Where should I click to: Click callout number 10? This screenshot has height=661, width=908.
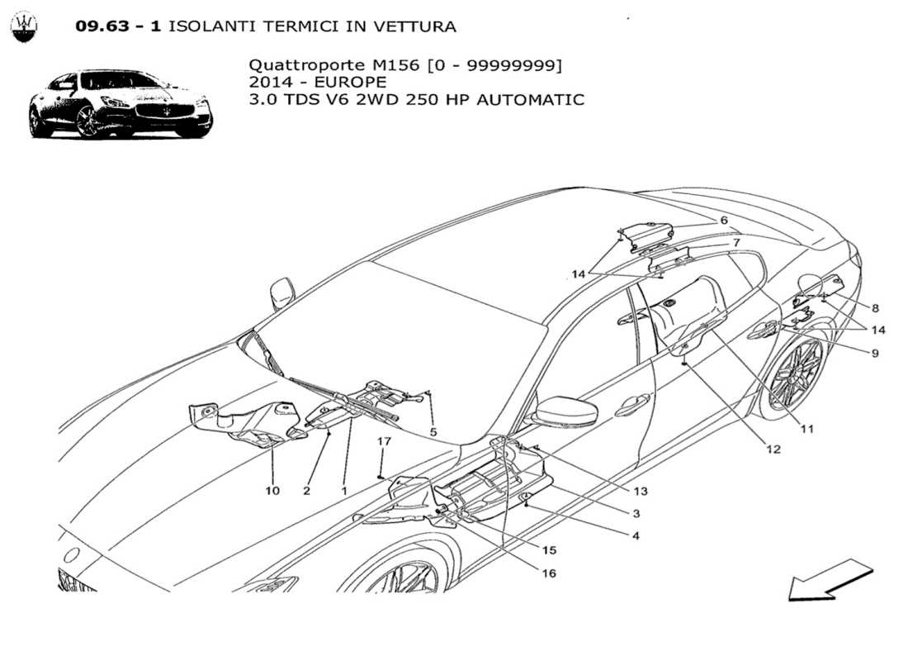click(x=272, y=491)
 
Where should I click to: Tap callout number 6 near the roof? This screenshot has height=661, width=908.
click(x=723, y=221)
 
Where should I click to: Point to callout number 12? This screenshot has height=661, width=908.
click(x=773, y=450)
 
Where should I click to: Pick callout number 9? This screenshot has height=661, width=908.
click(x=873, y=353)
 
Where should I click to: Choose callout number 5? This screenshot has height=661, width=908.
click(x=433, y=431)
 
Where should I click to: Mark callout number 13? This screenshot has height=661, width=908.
click(x=641, y=491)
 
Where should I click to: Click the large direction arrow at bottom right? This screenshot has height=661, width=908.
click(x=830, y=578)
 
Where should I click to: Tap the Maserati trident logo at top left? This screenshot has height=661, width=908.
click(x=25, y=26)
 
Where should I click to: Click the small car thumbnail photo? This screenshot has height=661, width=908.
click(x=121, y=103)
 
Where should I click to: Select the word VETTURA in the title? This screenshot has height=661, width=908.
click(x=416, y=26)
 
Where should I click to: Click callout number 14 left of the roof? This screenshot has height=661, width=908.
click(x=580, y=273)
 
